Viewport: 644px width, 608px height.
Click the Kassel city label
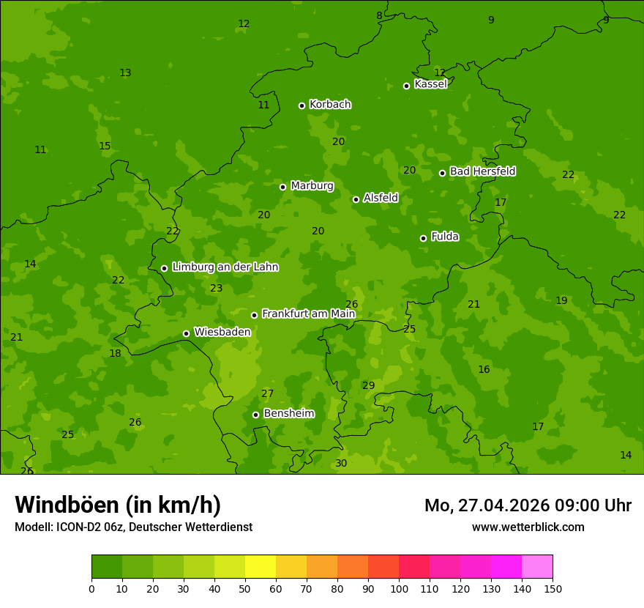[430, 84]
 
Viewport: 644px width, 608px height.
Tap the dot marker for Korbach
[302, 105]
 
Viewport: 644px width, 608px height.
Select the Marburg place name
[312, 186]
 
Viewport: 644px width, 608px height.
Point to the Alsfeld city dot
[356, 199]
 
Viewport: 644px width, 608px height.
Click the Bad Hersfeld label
[482, 171]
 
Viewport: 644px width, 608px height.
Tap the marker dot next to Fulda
[423, 238]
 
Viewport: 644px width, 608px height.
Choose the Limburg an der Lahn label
[225, 267]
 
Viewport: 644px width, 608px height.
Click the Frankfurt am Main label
[308, 314]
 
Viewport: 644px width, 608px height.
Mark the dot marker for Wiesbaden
[186, 333]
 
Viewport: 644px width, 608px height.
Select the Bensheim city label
[288, 414]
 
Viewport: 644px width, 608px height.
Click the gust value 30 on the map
[341, 464]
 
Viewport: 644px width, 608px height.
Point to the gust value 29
[368, 386]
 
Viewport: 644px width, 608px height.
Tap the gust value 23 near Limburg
[216, 289]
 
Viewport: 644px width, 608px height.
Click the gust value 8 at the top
[379, 16]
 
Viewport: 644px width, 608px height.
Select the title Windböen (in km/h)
[118, 505]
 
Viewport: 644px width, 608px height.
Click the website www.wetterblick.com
[528, 527]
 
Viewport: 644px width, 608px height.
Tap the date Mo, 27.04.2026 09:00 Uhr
[528, 505]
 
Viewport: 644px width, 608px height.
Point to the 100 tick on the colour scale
[399, 587]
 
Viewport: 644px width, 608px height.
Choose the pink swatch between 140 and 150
[537, 566]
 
